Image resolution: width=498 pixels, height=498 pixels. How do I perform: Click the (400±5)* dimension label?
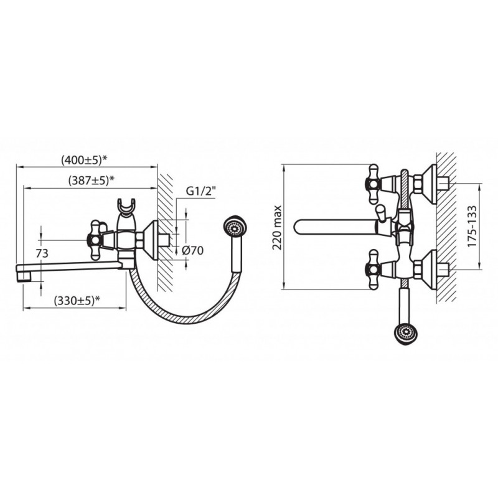click(83, 159)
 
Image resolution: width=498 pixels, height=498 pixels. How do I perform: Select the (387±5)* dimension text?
click(91, 181)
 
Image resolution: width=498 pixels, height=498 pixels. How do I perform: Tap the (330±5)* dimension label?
click(77, 300)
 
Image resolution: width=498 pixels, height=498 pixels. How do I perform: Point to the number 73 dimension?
click(42, 253)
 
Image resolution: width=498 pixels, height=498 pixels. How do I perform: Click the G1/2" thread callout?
click(200, 192)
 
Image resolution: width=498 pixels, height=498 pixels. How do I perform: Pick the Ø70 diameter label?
click(192, 251)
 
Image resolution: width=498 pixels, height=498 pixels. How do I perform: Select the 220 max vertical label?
click(277, 227)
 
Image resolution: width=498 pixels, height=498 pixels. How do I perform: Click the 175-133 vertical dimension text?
click(472, 226)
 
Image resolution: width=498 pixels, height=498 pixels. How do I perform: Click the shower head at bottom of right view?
click(405, 334)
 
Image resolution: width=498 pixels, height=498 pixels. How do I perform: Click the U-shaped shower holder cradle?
click(126, 207)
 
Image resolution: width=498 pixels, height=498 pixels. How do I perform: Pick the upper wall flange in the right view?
click(429, 184)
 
